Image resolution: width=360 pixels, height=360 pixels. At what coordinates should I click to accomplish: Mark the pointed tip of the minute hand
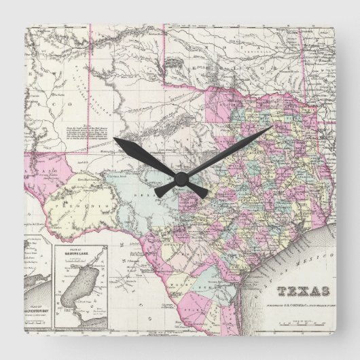click(270, 127)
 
